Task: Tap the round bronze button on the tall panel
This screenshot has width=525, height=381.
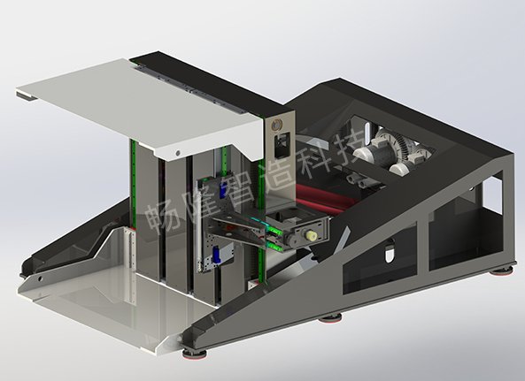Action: pyautogui.click(x=277, y=125)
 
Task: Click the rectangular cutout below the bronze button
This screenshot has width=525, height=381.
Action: pyautogui.click(x=282, y=144)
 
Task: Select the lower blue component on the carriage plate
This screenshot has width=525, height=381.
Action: pyautogui.click(x=217, y=255)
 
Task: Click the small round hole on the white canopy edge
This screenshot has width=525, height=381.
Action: pyautogui.click(x=178, y=153)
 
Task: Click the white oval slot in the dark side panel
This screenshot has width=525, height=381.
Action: pyautogui.click(x=390, y=251)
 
